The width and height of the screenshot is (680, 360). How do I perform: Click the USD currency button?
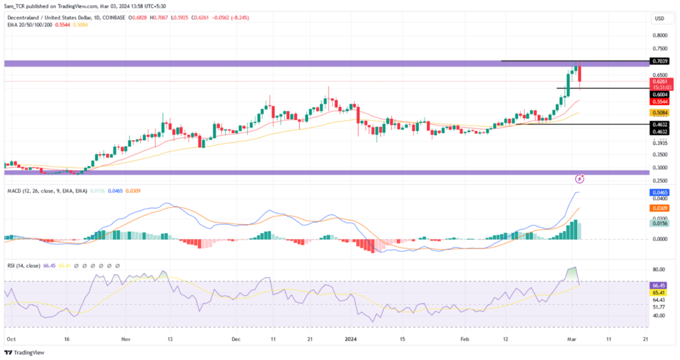tap(659, 18)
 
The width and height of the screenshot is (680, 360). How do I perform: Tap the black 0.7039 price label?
tap(660, 61)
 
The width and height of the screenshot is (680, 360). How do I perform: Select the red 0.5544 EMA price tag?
tap(660, 102)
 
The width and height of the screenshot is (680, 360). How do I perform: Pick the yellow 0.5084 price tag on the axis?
tap(660, 114)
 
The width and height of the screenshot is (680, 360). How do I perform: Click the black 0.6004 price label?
tap(660, 94)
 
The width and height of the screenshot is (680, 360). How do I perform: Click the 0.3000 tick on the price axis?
tap(660, 167)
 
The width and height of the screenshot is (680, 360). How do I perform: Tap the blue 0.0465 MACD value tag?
tap(660, 193)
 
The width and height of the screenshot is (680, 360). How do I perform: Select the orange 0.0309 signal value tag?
tap(660, 209)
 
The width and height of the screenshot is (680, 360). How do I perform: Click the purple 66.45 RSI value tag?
tap(660, 284)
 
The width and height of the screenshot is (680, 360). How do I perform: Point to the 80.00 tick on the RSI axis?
tap(660, 270)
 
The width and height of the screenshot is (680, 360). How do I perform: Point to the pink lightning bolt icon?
tap(580, 179)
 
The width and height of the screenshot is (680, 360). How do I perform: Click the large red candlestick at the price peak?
tap(580, 75)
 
